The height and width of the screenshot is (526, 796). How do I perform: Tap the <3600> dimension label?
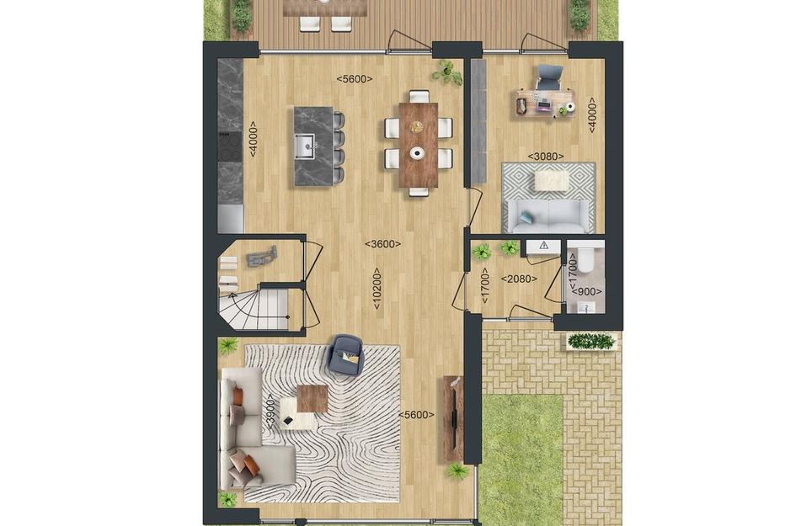click(382, 244)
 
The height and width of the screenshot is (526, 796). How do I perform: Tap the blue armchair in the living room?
click(345, 353)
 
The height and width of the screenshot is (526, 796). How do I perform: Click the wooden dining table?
click(419, 143)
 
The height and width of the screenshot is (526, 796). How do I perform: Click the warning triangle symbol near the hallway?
click(544, 245)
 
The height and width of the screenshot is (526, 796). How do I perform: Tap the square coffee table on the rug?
click(312, 396)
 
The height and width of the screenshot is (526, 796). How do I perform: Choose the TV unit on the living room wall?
click(453, 418)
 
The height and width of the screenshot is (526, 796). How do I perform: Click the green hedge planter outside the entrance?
click(591, 341)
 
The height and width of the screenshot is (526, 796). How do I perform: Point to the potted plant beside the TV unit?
click(458, 472)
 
